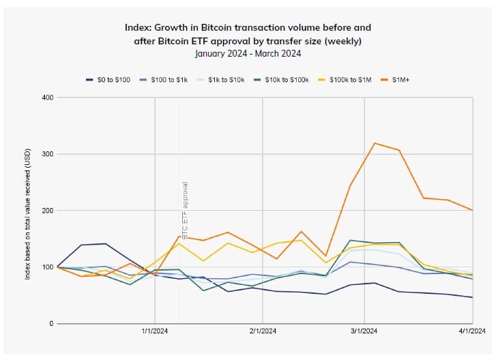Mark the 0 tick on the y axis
pos(51,323)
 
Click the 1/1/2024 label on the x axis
pos(155,332)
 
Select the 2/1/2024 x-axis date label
pos(262,332)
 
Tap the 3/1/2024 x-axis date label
pos(364,332)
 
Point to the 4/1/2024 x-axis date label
pos(471,332)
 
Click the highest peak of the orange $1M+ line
pos(375,143)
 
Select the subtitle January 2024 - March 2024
pos(248,52)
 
